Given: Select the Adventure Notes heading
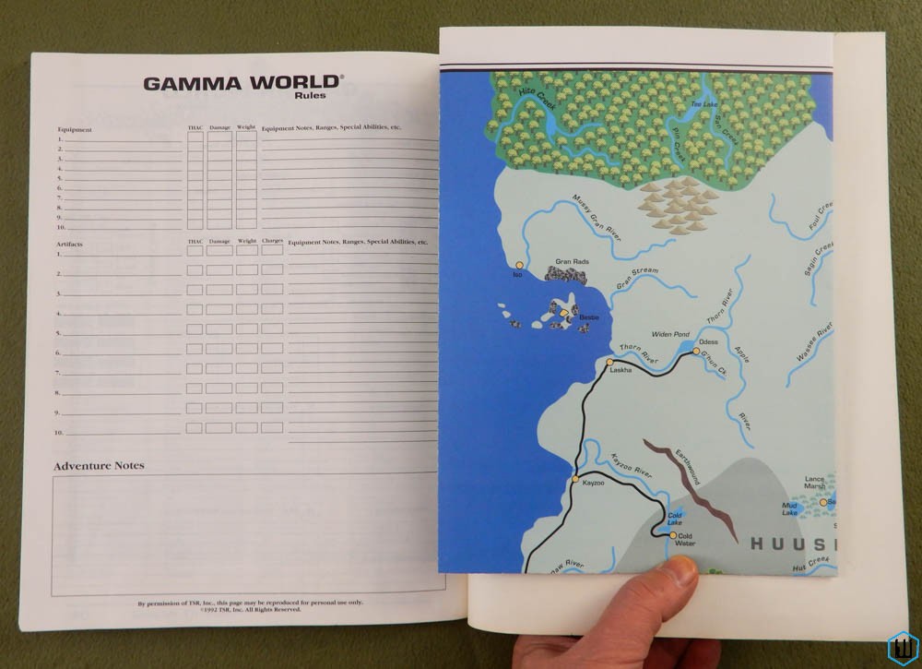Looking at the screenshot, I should point(99,466).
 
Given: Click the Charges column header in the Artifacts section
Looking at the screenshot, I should point(272,242).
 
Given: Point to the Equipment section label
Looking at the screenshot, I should point(75,130).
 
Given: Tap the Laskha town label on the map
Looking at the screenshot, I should point(621,370).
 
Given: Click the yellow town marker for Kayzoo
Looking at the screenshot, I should point(575,480).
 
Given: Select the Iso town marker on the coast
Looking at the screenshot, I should point(519,265).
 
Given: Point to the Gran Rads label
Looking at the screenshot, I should point(572,262).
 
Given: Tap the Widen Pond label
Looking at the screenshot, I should point(670,334).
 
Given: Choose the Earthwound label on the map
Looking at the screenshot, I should point(688,467).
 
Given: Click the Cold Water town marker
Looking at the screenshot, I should point(674,535).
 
